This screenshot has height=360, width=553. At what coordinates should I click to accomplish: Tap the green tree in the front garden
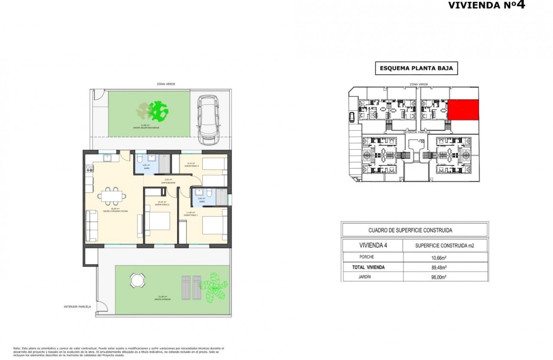158,111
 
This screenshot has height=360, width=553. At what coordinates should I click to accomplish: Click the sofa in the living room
91,225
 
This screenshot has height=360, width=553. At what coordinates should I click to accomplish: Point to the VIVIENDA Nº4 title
486,6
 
